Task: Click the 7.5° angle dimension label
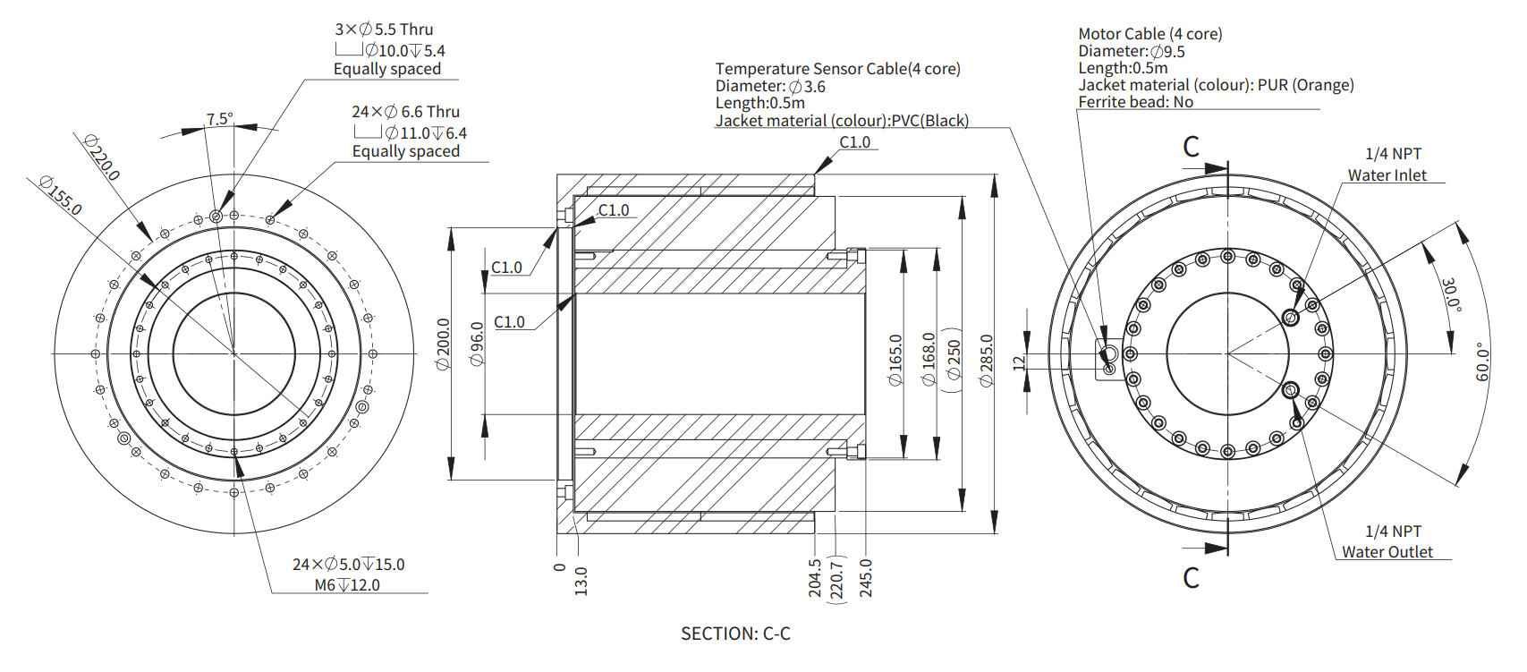[x=219, y=119]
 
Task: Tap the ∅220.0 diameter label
[x=101, y=157]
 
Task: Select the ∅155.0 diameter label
[x=61, y=195]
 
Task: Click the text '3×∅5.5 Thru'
[x=384, y=30]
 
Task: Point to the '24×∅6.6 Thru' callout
[x=405, y=112]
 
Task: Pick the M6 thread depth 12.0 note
[x=347, y=585]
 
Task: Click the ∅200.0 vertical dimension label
[x=443, y=345]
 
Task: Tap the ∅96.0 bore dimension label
[x=478, y=345]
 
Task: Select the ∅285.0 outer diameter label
[x=987, y=361]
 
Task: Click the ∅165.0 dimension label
[x=895, y=361]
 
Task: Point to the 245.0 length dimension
[x=865, y=578]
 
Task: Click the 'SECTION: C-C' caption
[x=735, y=634]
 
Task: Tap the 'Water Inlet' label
[x=1387, y=175]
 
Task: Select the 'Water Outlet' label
[x=1387, y=552]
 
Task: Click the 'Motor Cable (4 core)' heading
[x=1149, y=34]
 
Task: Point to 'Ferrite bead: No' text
[x=1135, y=102]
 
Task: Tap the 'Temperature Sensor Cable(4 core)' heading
[x=837, y=69]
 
